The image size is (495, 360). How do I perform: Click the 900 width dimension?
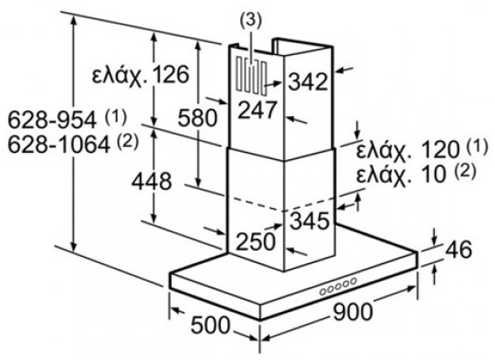click(353, 312)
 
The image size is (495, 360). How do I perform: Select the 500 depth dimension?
click(210, 325)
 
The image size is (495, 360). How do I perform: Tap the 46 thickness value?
click(458, 249)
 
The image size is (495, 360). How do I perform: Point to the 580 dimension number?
click(197, 118)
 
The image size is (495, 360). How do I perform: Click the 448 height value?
click(152, 182)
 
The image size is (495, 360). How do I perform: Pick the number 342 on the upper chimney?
click(308, 81)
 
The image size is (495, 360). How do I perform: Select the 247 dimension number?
click(257, 110)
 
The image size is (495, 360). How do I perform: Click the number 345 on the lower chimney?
click(310, 220)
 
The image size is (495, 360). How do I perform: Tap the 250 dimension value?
click(256, 242)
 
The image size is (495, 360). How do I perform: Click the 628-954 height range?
click(52, 120)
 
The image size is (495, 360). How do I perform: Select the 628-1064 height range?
click(58, 145)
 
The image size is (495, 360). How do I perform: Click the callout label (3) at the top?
click(251, 22)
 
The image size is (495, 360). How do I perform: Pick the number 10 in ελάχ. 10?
click(433, 174)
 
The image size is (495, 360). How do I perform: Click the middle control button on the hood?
click(338, 286)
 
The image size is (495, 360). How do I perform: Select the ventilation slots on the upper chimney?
click(251, 76)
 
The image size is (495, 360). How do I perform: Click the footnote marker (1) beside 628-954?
click(115, 117)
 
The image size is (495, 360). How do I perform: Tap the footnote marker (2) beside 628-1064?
click(127, 142)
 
